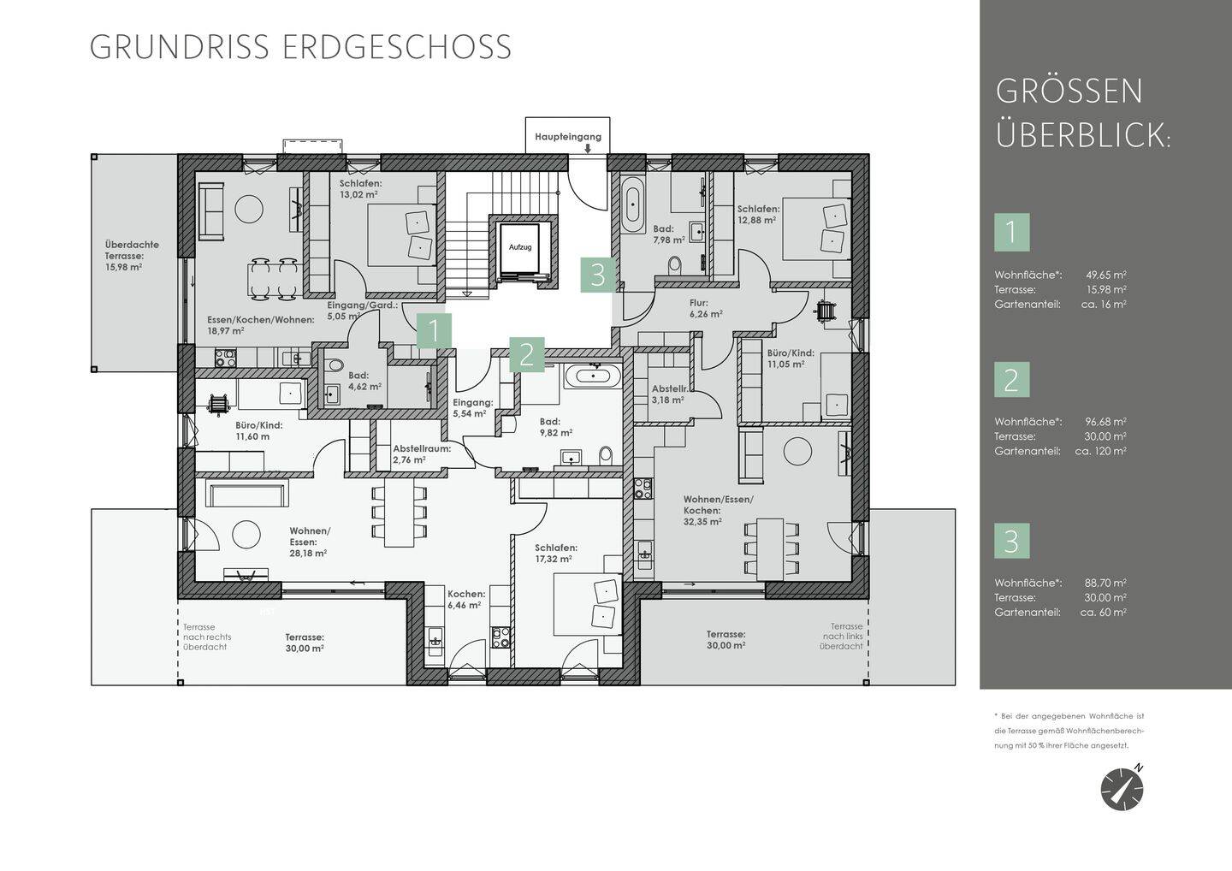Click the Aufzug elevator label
point(520,247)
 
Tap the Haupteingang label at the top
point(567,136)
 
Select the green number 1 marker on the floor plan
point(434,331)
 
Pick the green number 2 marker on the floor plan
point(527,355)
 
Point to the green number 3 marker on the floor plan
point(598,275)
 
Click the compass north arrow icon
point(1122,789)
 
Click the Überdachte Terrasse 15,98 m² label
point(132,256)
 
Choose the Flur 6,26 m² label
point(706,309)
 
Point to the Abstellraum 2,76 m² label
point(421,454)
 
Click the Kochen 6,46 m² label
point(465,600)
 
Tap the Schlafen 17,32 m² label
point(555,554)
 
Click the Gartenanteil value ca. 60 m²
point(1104,612)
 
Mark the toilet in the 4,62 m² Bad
point(334,365)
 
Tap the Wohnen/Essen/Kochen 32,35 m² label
point(719,510)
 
